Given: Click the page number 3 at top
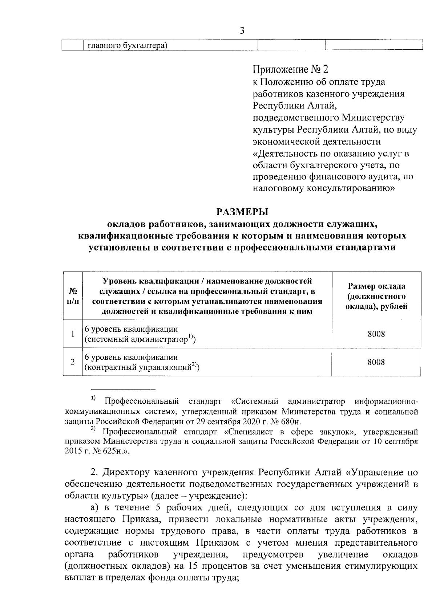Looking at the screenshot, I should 242,31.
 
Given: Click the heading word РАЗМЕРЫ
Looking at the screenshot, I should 242,211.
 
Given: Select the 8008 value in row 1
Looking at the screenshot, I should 376,334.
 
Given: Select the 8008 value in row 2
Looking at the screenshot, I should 376,362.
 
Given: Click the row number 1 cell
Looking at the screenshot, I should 73,334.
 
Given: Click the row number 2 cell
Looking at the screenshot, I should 73,362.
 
